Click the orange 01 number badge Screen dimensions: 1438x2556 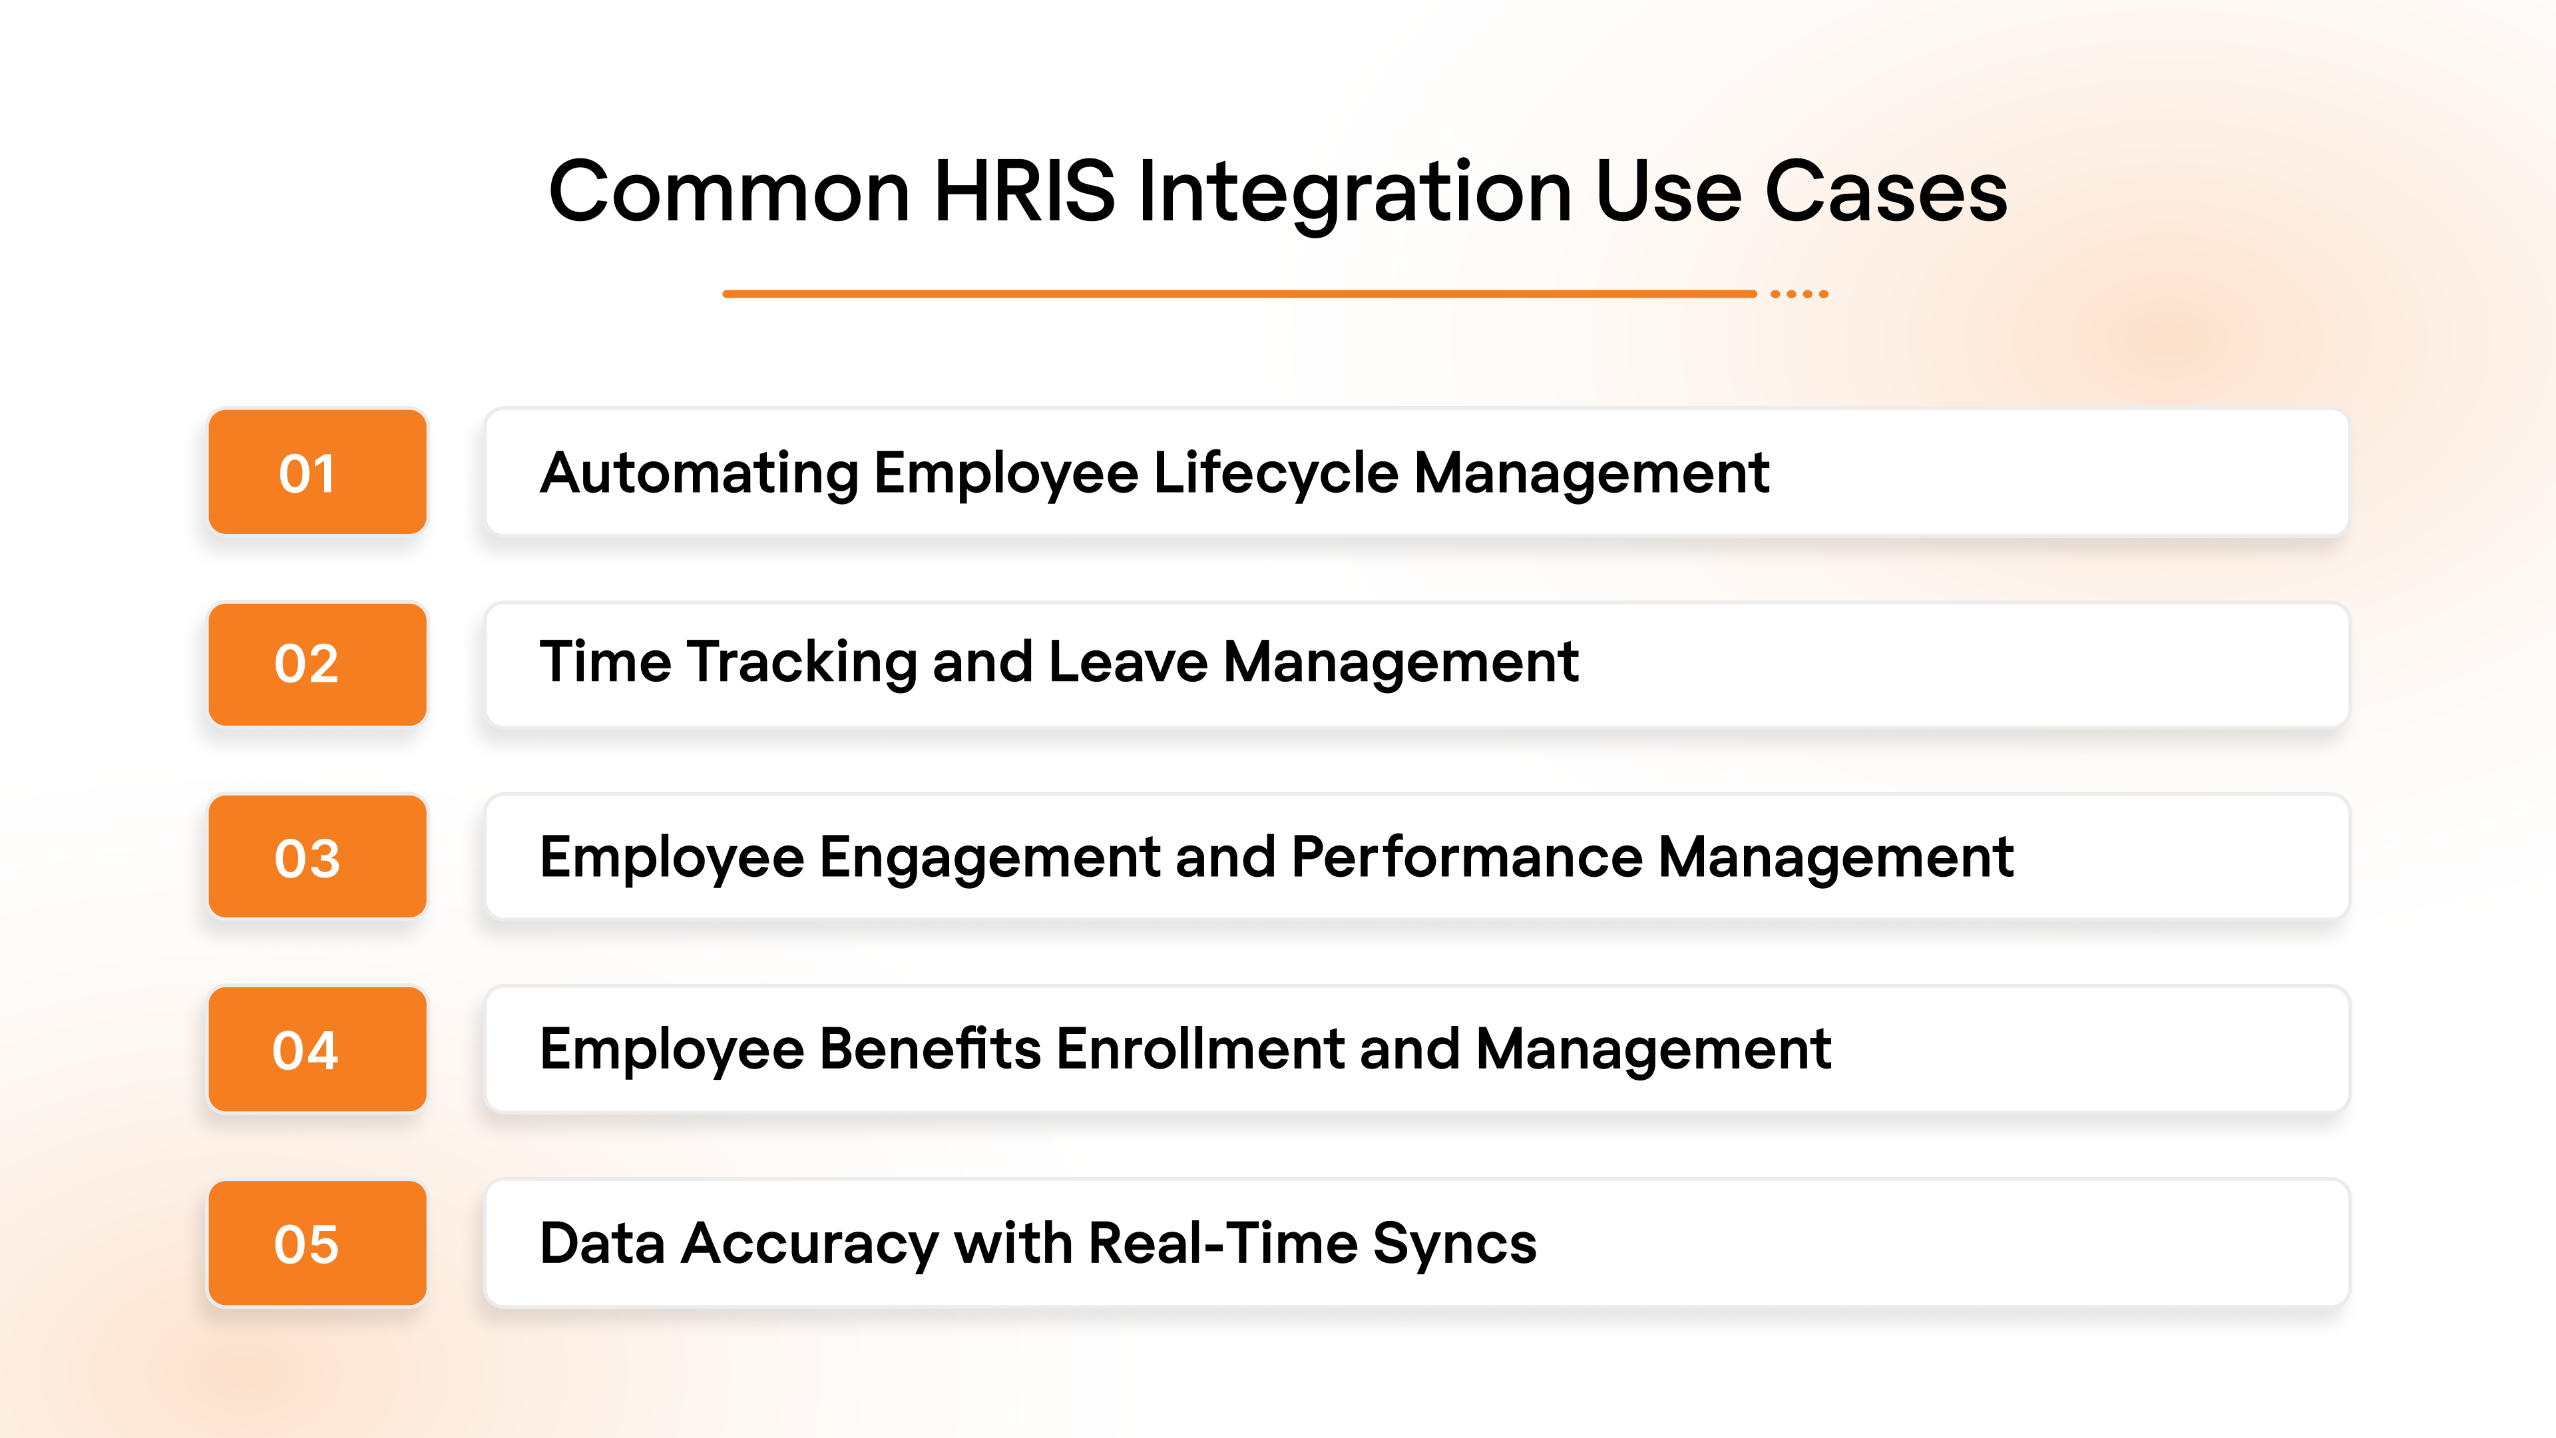point(317,473)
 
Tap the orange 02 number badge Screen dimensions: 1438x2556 point(317,664)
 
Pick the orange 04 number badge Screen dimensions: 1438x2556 point(317,1049)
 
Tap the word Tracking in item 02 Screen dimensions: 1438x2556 point(801,663)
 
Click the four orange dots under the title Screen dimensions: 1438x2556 point(1799,294)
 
